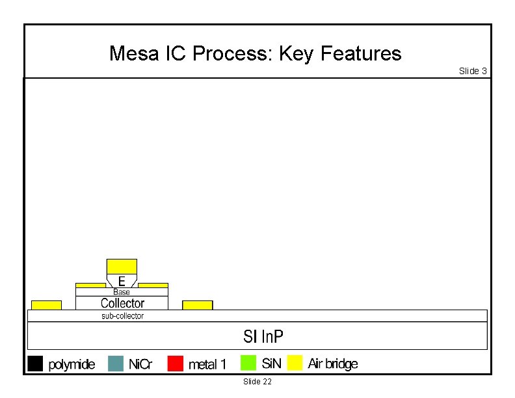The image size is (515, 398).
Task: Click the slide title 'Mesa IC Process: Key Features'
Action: point(255,53)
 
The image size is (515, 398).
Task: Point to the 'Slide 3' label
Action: point(473,71)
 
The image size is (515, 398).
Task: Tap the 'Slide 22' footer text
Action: point(257,381)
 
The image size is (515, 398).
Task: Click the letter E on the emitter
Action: point(122,281)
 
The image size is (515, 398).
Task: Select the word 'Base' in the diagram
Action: point(122,292)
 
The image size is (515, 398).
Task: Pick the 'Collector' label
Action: point(122,303)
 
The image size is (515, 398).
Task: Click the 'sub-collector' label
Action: point(122,316)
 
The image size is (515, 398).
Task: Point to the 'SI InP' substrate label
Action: point(263,336)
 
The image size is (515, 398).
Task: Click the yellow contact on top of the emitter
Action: point(122,266)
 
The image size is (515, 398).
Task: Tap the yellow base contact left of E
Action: point(90,285)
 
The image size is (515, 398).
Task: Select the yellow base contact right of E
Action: point(153,285)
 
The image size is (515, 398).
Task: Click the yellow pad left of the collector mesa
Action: point(46,305)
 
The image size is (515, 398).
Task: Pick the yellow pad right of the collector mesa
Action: point(197,305)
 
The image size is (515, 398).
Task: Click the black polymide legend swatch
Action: point(35,363)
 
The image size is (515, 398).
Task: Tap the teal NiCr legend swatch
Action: point(115,363)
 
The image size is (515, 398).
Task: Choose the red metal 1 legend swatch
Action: point(175,363)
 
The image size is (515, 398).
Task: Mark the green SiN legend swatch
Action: point(248,363)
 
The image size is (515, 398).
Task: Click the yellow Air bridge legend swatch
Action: point(295,363)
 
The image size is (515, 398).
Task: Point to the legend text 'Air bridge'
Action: point(332,364)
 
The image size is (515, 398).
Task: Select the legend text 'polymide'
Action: point(72,364)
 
